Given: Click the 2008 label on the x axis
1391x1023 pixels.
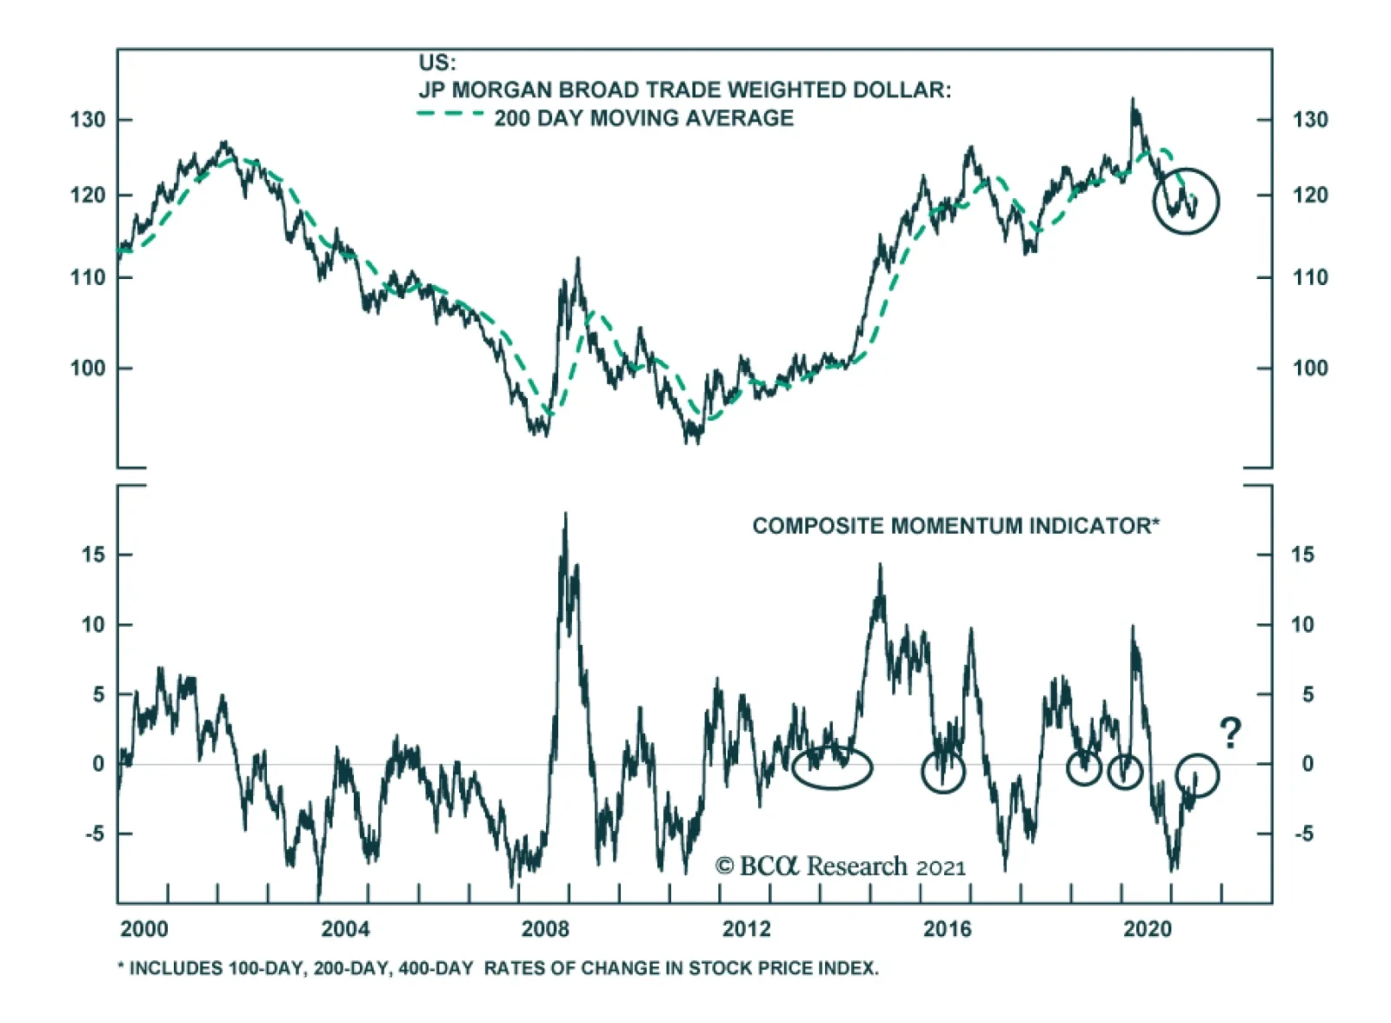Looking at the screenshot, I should [545, 929].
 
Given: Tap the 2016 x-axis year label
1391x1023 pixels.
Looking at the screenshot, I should [947, 929].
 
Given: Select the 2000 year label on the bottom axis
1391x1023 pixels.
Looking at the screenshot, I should [144, 929].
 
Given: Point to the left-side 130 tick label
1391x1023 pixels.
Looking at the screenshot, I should [88, 120].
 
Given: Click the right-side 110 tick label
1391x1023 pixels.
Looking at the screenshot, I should [1310, 278].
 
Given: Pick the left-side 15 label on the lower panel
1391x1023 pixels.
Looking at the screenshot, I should [93, 555].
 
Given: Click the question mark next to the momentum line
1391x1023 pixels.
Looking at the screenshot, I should [1230, 734].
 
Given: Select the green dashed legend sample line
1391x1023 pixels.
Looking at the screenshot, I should [449, 114].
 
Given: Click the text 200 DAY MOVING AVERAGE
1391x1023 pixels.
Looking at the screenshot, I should [643, 118].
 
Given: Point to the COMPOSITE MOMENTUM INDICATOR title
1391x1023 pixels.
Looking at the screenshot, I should [955, 526].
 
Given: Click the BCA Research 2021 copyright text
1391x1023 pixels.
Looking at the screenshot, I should [840, 867].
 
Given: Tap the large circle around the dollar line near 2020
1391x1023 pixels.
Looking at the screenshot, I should [1186, 202].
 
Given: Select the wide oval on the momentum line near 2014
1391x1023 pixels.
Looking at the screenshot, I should [831, 767].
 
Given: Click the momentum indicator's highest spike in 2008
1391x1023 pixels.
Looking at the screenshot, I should [566, 515].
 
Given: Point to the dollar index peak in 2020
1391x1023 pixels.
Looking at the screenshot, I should [1132, 99].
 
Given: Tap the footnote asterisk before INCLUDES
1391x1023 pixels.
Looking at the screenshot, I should [121, 967].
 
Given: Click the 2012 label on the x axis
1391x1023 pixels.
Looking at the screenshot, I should [746, 929].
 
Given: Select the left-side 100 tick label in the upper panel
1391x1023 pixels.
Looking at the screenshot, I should [88, 369].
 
